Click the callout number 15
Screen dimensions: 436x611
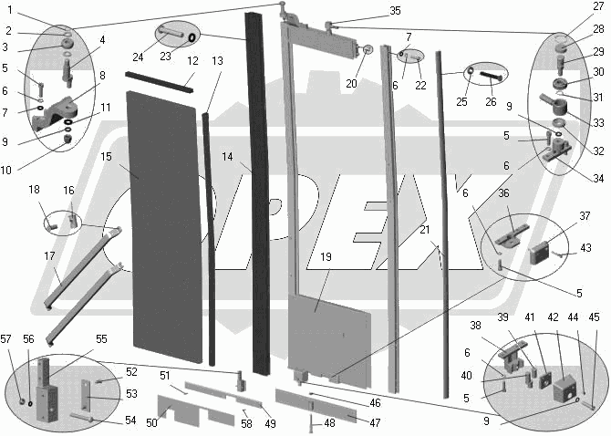click(106, 157)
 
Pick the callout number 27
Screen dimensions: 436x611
click(597, 6)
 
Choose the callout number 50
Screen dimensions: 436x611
click(152, 421)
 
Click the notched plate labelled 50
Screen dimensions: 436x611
click(196, 411)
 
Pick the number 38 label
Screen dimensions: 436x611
click(475, 325)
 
